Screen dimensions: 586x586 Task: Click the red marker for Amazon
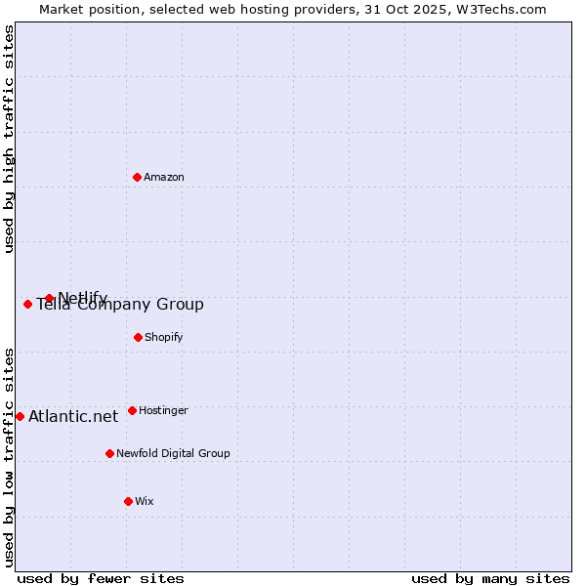pyautogui.click(x=138, y=177)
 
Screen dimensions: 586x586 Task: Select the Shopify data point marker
pyautogui.click(x=138, y=337)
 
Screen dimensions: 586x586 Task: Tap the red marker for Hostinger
pyautogui.click(x=132, y=410)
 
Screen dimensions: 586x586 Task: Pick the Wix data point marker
pyautogui.click(x=128, y=501)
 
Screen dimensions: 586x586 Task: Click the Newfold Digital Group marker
pyautogui.click(x=109, y=453)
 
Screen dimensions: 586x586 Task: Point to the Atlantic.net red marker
pyautogui.click(x=20, y=416)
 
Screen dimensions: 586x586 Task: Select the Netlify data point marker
pyautogui.click(x=49, y=298)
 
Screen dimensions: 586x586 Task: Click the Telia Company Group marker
pyautogui.click(x=27, y=304)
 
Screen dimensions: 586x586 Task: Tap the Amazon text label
pyautogui.click(x=164, y=177)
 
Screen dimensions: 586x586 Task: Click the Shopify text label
pyautogui.click(x=164, y=337)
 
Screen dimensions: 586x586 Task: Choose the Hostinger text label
pyautogui.click(x=163, y=410)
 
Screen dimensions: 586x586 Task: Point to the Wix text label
pyautogui.click(x=145, y=501)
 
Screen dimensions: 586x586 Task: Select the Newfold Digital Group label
pyautogui.click(x=173, y=453)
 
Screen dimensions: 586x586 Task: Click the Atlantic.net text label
pyautogui.click(x=73, y=416)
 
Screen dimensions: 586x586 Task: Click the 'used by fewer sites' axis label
pyautogui.click(x=101, y=578)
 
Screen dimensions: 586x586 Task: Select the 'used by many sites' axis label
pyautogui.click(x=490, y=578)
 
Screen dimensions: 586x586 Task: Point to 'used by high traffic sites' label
pyautogui.click(x=9, y=139)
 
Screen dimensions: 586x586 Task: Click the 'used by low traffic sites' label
pyautogui.click(x=9, y=457)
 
